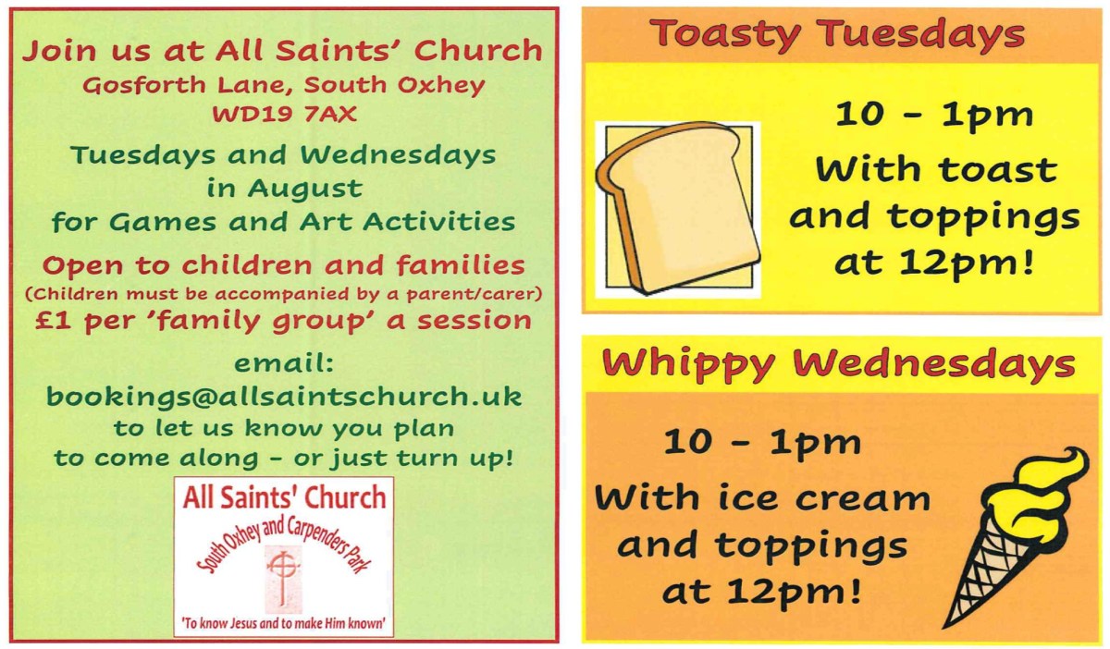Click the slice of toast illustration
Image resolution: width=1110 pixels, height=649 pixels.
678,208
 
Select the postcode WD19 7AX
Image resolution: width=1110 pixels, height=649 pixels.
285,115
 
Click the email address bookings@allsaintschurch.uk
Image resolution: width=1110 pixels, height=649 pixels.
284,397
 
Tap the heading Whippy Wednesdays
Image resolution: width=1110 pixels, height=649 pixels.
838,365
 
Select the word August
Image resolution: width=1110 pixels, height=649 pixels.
305,190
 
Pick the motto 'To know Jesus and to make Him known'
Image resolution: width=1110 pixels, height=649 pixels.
283,623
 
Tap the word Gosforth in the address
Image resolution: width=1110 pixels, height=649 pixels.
144,85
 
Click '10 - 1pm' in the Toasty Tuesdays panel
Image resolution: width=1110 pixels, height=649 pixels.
934,116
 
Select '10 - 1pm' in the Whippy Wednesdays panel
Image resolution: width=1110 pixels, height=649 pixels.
762,444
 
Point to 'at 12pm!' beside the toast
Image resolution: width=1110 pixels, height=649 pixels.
934,263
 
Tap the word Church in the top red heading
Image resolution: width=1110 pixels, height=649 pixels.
478,51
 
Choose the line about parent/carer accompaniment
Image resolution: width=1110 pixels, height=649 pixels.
283,294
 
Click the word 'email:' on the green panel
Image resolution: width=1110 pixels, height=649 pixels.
284,363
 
